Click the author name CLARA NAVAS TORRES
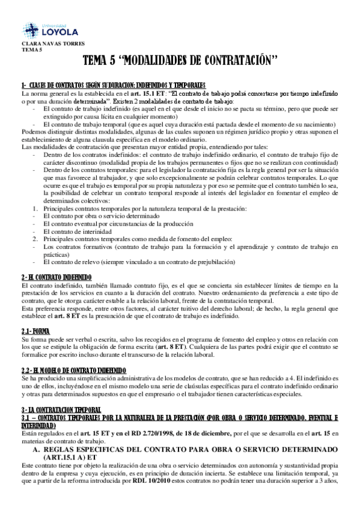(x=44, y=44)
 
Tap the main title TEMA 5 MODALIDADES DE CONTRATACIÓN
(x=180, y=61)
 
